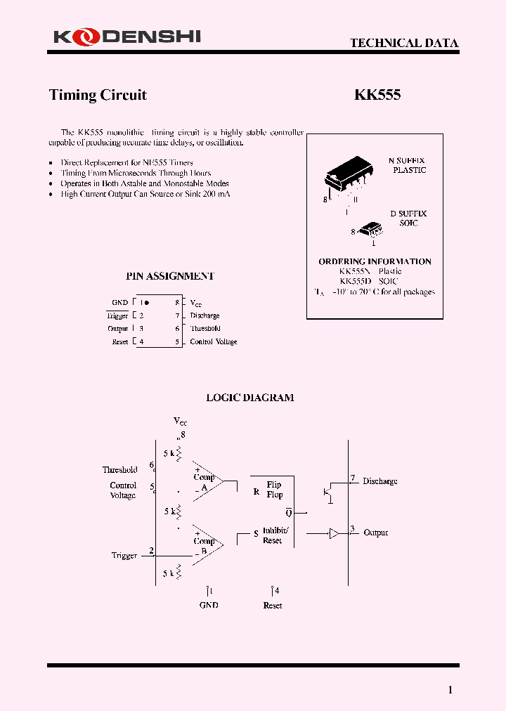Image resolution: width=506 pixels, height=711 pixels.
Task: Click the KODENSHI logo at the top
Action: tap(125, 36)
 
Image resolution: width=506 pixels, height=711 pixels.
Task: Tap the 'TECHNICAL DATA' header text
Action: tap(404, 43)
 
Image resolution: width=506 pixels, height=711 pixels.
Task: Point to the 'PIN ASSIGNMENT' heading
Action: tap(169, 276)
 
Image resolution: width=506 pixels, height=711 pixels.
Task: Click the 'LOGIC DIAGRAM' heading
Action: tap(249, 398)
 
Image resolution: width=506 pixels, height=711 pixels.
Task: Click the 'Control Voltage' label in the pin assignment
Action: tap(214, 342)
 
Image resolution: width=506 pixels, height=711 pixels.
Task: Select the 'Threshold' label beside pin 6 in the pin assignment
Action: tap(205, 329)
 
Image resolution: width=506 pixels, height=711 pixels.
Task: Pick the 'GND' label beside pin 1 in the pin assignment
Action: tap(119, 303)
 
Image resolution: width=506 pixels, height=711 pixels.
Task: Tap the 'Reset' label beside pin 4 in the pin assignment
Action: tap(120, 342)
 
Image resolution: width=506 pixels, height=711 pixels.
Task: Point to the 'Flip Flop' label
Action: tap(274, 490)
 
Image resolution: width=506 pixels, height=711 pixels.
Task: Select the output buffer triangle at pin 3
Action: tap(335, 533)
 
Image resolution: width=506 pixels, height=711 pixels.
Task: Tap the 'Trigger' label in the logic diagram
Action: tap(124, 556)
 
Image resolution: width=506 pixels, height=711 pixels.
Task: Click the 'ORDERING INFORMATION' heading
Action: tap(375, 261)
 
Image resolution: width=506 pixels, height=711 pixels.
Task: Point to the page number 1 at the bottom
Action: tap(450, 690)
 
